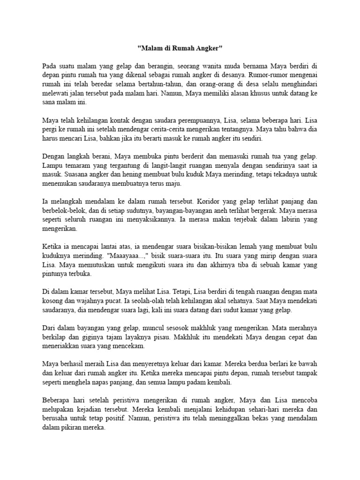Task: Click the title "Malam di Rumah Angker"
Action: pos(180,48)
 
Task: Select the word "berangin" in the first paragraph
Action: pos(154,65)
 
